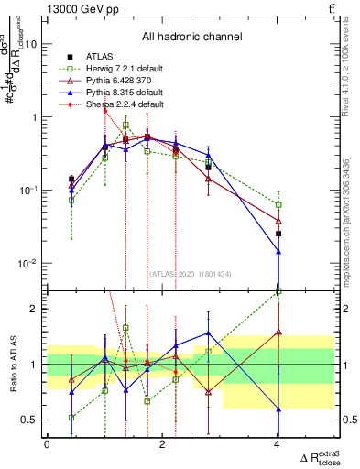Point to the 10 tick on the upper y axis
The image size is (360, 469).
click(x=32, y=44)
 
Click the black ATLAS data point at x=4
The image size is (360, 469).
click(x=278, y=234)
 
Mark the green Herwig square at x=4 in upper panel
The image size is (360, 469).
click(x=278, y=204)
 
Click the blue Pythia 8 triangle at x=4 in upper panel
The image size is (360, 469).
click(x=278, y=251)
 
